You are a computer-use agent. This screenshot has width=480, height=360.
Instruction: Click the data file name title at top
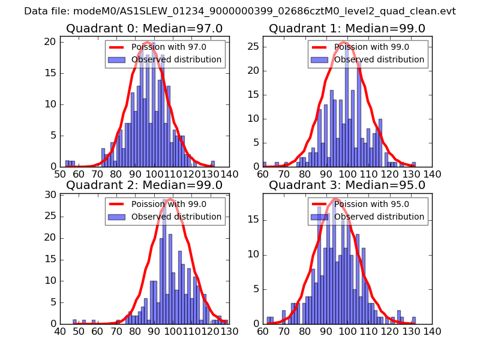pos(240,11)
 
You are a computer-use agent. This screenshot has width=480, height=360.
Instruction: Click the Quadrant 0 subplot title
pos(144,28)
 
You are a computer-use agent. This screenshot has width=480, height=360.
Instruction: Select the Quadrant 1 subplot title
pos(347,28)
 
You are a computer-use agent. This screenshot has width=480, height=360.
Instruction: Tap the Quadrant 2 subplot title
pos(144,185)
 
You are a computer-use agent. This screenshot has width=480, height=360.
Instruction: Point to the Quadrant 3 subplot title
pos(347,185)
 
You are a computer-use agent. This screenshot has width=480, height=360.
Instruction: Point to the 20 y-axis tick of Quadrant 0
pos(52,41)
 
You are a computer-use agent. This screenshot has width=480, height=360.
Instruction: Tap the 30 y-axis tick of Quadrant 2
pos(52,194)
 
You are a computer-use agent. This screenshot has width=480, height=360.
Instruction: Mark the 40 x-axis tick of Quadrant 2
pos(60,331)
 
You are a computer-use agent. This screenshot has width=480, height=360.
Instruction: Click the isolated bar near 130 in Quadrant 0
pos(212,164)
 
